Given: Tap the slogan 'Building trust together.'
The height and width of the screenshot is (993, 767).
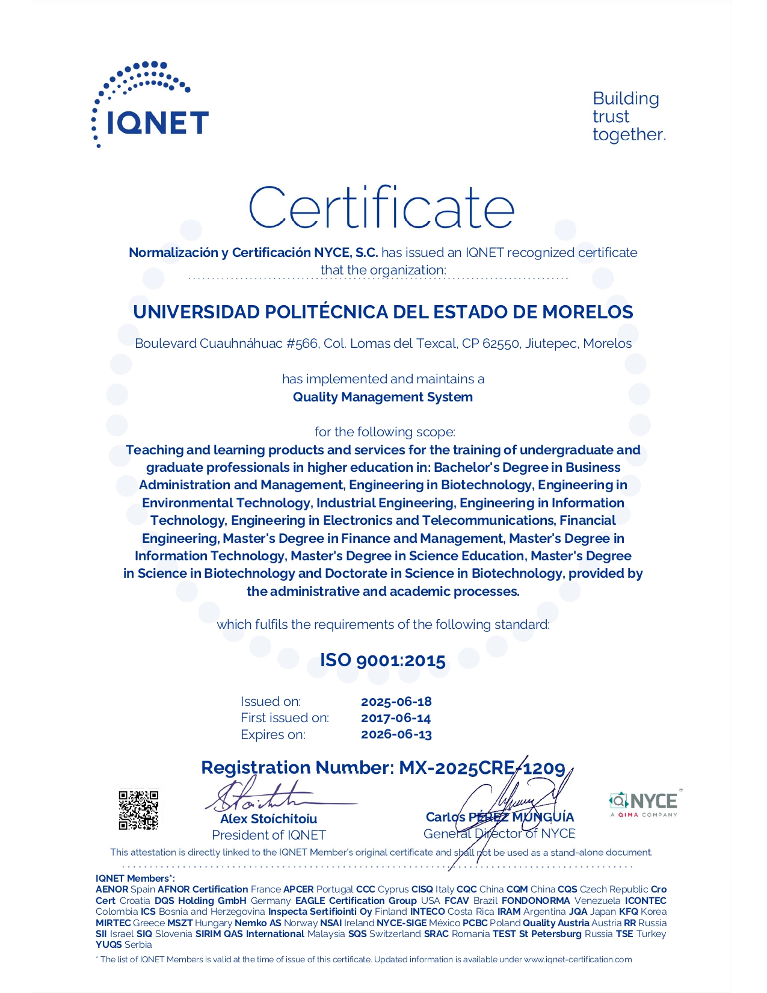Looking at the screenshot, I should click(x=629, y=117).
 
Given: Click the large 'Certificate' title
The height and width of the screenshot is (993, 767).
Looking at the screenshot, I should click(x=382, y=207).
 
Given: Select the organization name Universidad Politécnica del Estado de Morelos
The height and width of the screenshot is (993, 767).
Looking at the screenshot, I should click(x=383, y=312).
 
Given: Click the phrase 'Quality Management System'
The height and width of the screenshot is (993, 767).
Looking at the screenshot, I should click(x=383, y=397).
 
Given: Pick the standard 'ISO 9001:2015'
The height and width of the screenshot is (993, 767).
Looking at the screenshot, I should click(x=383, y=660).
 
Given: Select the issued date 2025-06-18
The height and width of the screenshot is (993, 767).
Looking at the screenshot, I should click(x=396, y=702).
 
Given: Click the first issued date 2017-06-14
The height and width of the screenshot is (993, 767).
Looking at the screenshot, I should click(x=396, y=718).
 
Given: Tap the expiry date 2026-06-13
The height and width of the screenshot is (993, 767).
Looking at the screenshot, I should click(x=396, y=734).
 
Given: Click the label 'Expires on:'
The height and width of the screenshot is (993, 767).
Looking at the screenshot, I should click(x=273, y=735).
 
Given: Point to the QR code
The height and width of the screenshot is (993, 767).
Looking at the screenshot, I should click(x=138, y=810).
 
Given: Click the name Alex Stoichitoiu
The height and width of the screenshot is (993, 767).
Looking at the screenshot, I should click(x=268, y=819).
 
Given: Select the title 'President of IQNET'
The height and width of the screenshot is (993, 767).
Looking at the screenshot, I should click(x=268, y=835).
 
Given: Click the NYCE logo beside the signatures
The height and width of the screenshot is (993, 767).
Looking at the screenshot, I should click(x=643, y=802).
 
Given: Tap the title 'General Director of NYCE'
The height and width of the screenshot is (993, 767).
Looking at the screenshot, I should click(x=499, y=834).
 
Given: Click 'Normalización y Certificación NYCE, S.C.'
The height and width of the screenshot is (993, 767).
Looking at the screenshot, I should click(x=253, y=253).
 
